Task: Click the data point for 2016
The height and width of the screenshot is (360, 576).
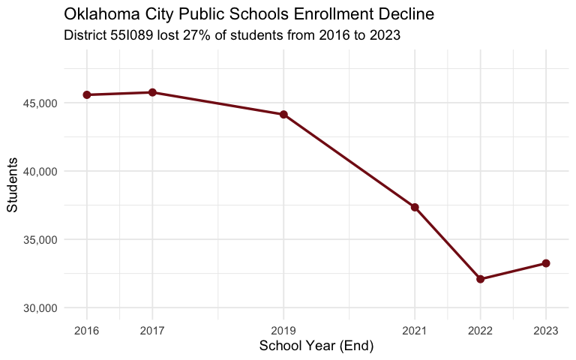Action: tap(87, 94)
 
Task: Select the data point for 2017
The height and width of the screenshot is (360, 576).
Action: tap(152, 92)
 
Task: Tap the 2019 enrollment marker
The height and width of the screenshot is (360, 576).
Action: tap(283, 115)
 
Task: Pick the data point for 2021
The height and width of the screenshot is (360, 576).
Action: tap(415, 207)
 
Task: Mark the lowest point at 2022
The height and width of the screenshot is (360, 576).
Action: tap(480, 279)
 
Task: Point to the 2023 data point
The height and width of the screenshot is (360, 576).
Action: tap(546, 263)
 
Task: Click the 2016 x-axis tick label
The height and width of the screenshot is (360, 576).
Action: tap(87, 330)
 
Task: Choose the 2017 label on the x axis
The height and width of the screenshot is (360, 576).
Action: tap(152, 330)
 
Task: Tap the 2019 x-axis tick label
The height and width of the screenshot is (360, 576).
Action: tap(283, 330)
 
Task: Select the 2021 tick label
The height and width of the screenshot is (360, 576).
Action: tap(415, 330)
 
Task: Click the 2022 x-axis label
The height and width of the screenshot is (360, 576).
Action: tap(480, 330)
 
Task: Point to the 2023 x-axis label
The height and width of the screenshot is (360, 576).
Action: tap(546, 330)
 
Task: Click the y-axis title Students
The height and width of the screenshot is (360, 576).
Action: tap(13, 185)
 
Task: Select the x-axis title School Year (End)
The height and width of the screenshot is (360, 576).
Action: tap(316, 346)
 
